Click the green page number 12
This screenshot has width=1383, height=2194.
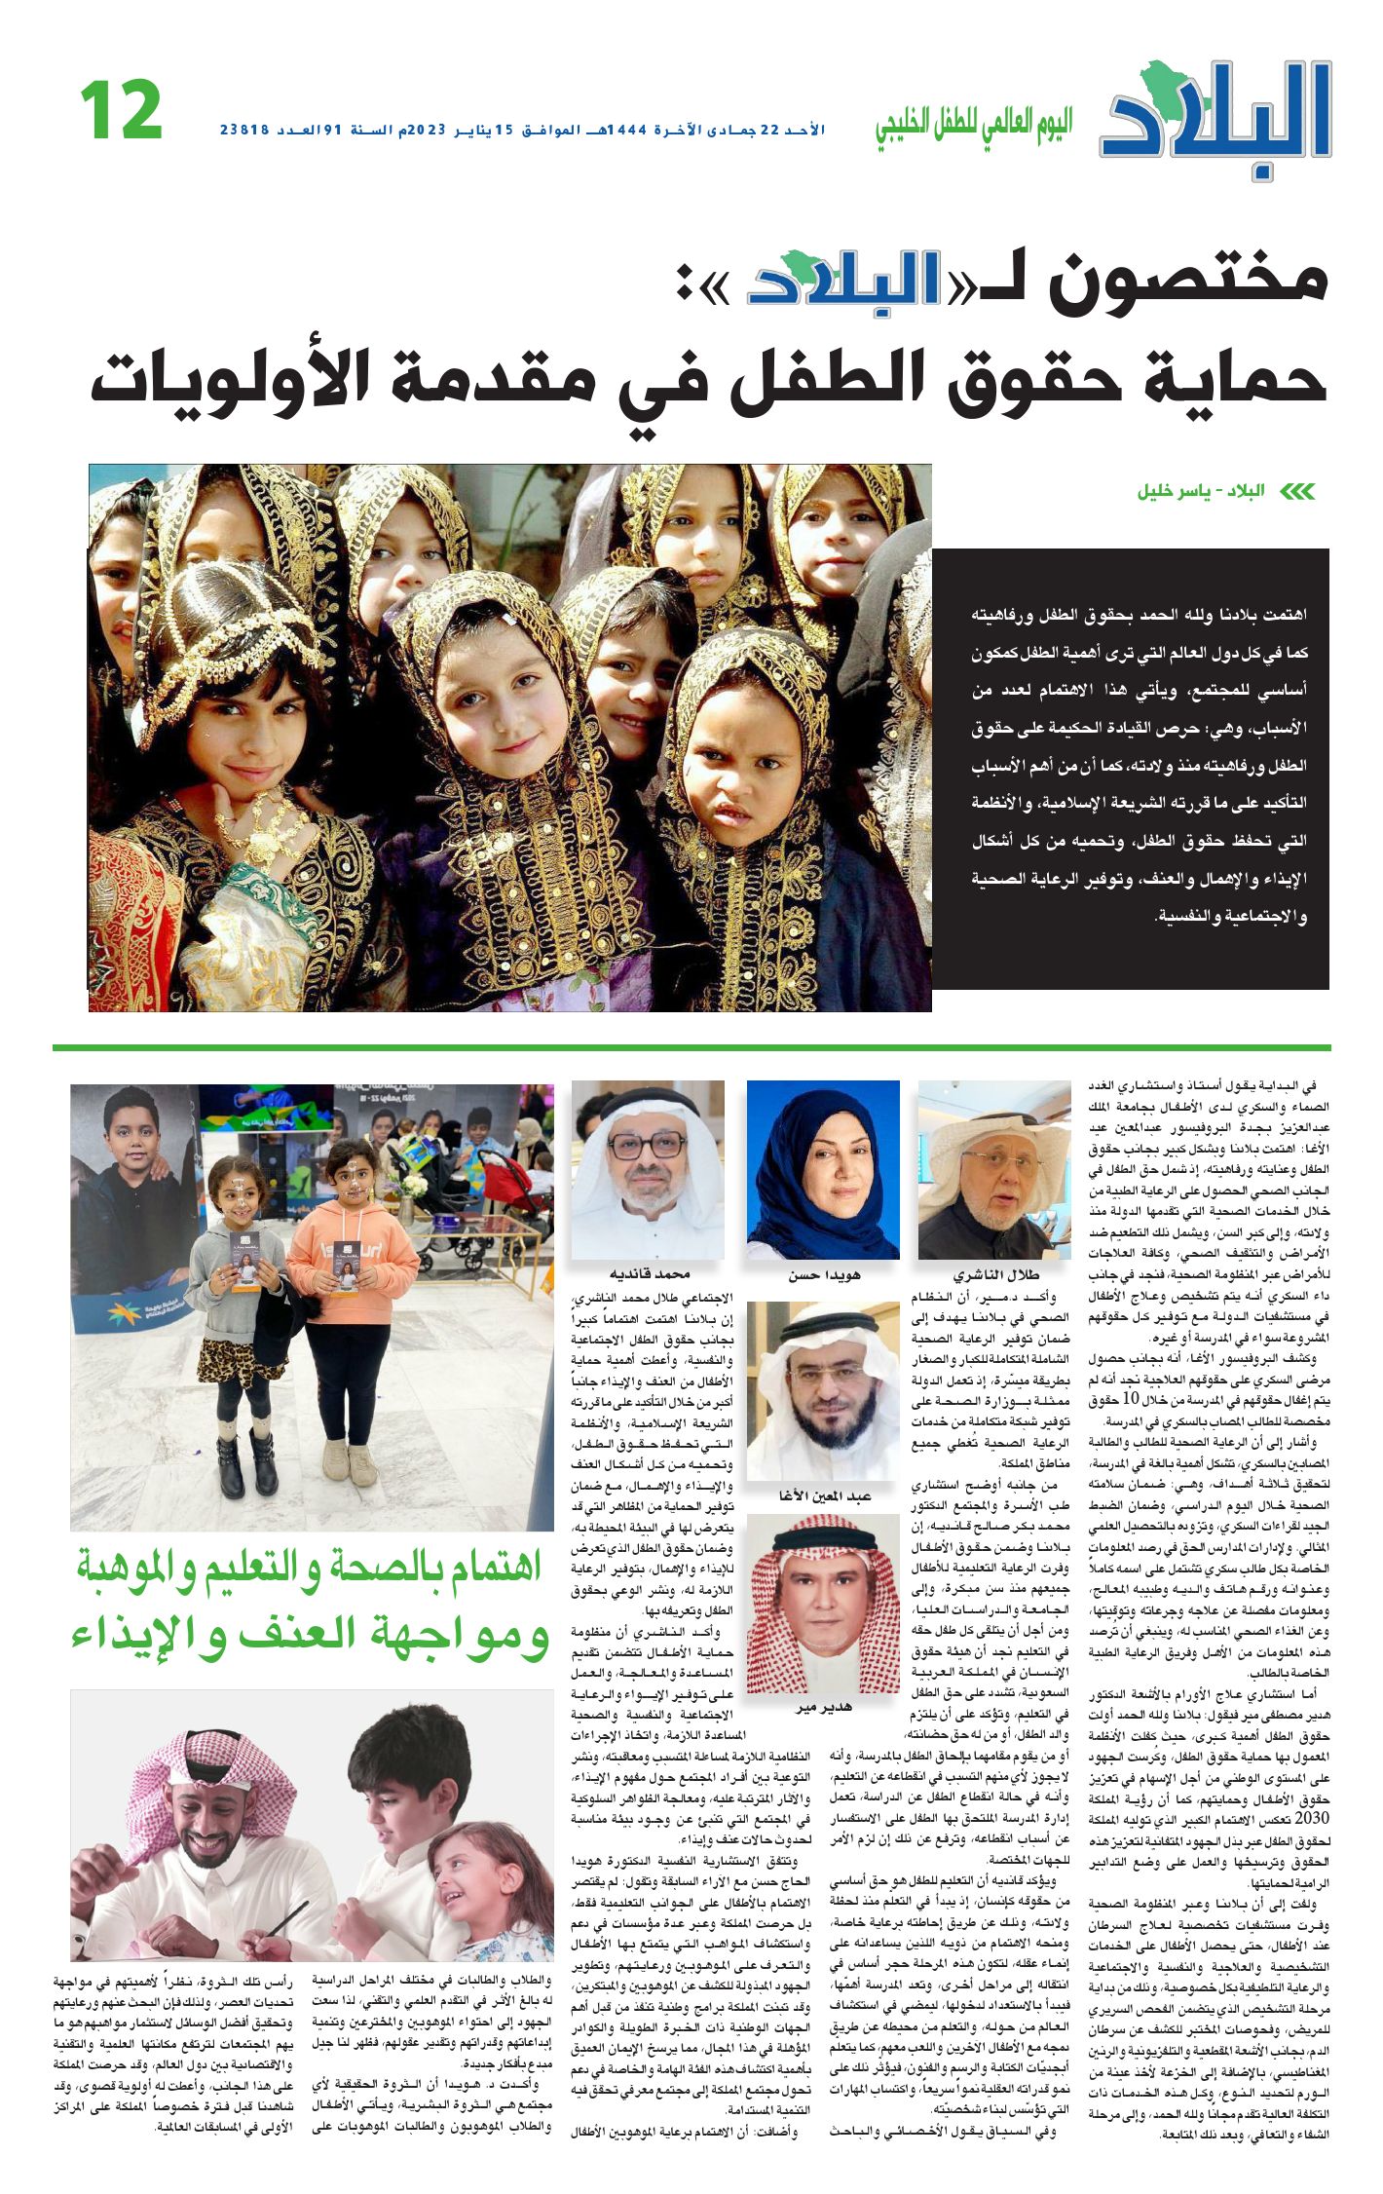pyautogui.click(x=121, y=110)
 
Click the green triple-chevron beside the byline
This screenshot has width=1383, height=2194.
pyautogui.click(x=1296, y=491)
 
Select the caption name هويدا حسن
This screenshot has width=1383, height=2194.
pyautogui.click(x=824, y=1274)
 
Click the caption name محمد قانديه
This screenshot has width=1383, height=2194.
pyautogui.click(x=649, y=1274)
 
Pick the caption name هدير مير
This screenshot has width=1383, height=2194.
pyautogui.click(x=823, y=1708)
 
